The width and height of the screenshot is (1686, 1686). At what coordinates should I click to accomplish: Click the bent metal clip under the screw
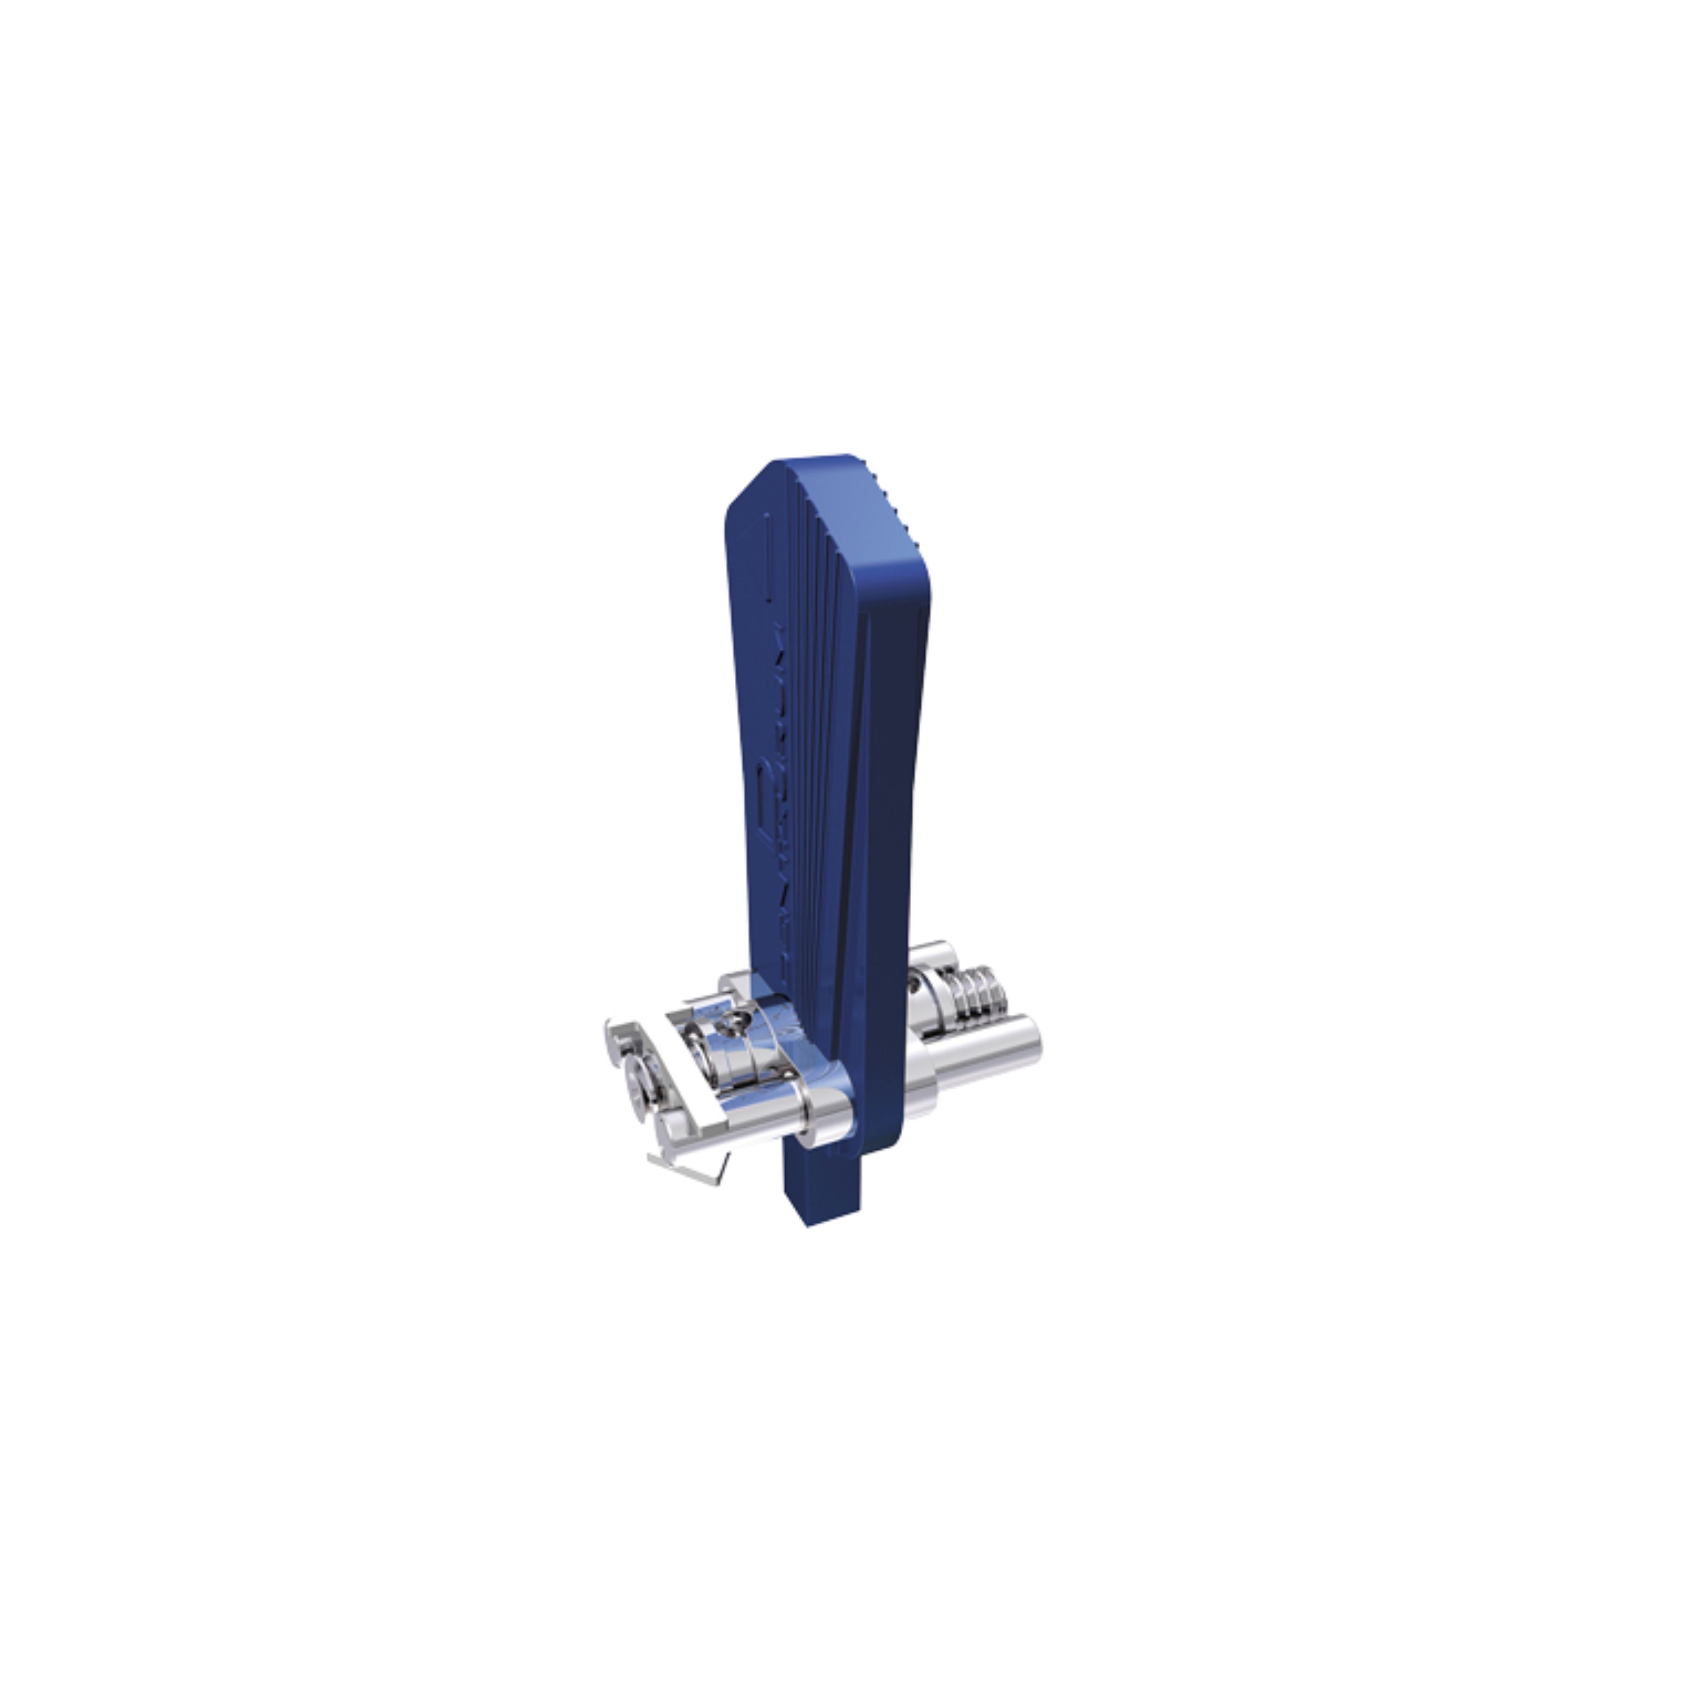pyautogui.click(x=690, y=1166)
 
